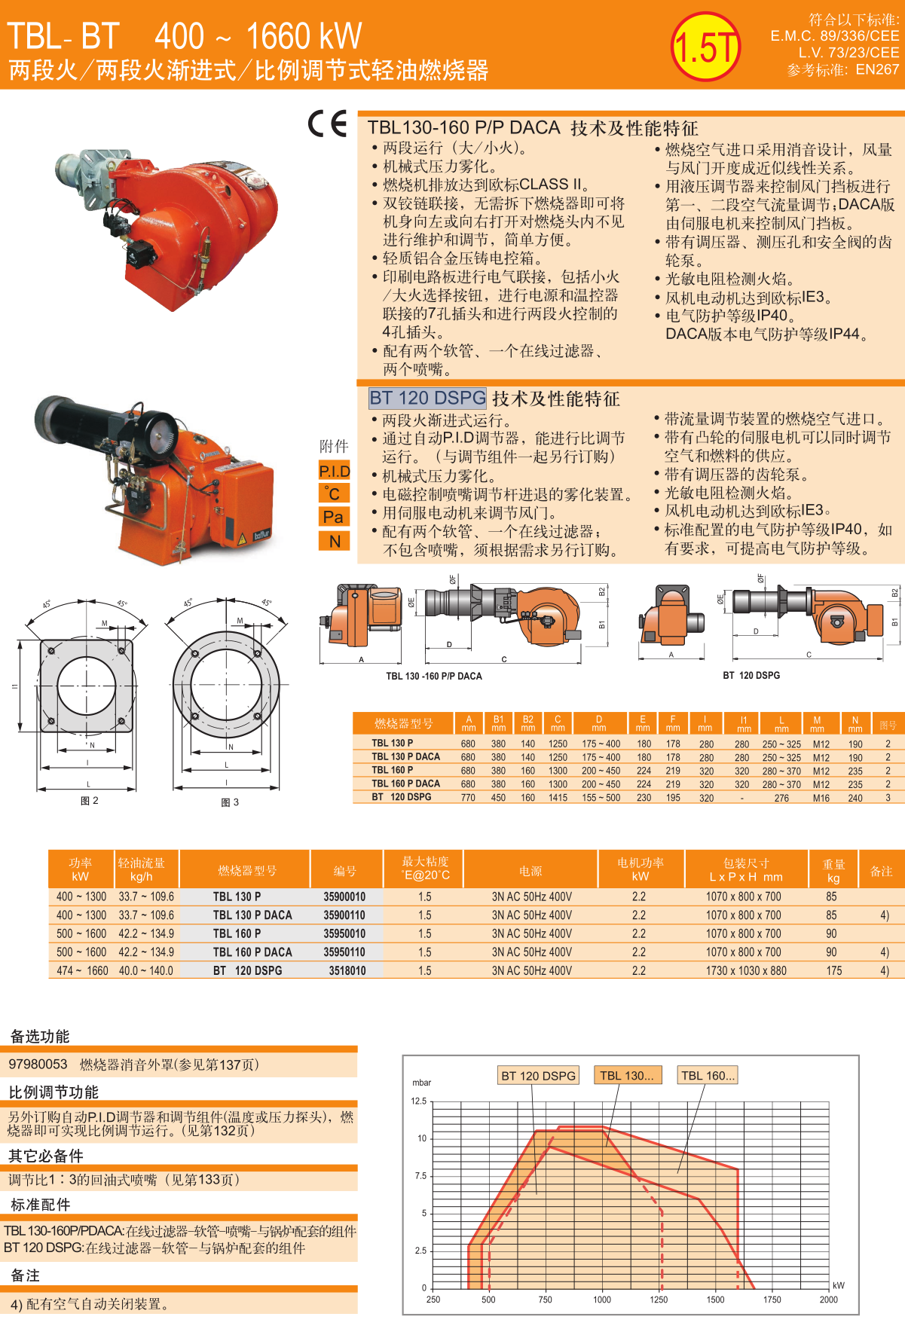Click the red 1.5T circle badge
coord(706,47)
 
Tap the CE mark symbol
coord(328,124)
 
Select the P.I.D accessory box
coord(335,471)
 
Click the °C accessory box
coord(335,493)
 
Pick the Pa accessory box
coord(335,517)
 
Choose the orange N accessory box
coord(335,540)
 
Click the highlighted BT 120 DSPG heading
coord(427,398)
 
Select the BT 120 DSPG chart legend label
coord(538,1076)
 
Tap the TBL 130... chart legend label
coord(627,1076)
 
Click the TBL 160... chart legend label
coord(708,1076)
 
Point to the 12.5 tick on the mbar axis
coord(419,1101)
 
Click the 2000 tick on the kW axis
coord(828,1300)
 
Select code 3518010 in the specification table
coord(347,970)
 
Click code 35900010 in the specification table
coord(344,897)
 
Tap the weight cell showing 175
coord(834,970)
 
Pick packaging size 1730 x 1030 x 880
coord(746,970)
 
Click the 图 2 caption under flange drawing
coord(90,801)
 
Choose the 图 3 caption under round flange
coord(230,802)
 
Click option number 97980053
coord(38,1064)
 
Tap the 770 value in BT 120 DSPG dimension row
coord(468,797)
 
